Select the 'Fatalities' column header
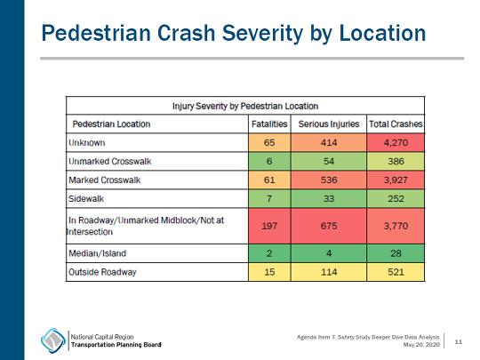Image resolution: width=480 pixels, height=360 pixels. click(x=269, y=124)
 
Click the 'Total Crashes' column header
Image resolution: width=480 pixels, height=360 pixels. click(x=396, y=124)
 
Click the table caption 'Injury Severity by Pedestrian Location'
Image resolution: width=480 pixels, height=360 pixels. click(x=244, y=106)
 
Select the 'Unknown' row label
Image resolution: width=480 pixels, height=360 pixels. click(x=86, y=142)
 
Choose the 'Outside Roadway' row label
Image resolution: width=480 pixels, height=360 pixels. click(x=102, y=272)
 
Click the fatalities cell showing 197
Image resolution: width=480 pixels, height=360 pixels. click(x=269, y=227)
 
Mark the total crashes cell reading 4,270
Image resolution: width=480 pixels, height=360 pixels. click(x=396, y=142)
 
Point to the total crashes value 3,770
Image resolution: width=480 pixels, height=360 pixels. click(x=396, y=227)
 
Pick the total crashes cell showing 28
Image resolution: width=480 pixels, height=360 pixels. click(x=396, y=253)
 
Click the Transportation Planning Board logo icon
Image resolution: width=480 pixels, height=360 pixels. click(x=52, y=340)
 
